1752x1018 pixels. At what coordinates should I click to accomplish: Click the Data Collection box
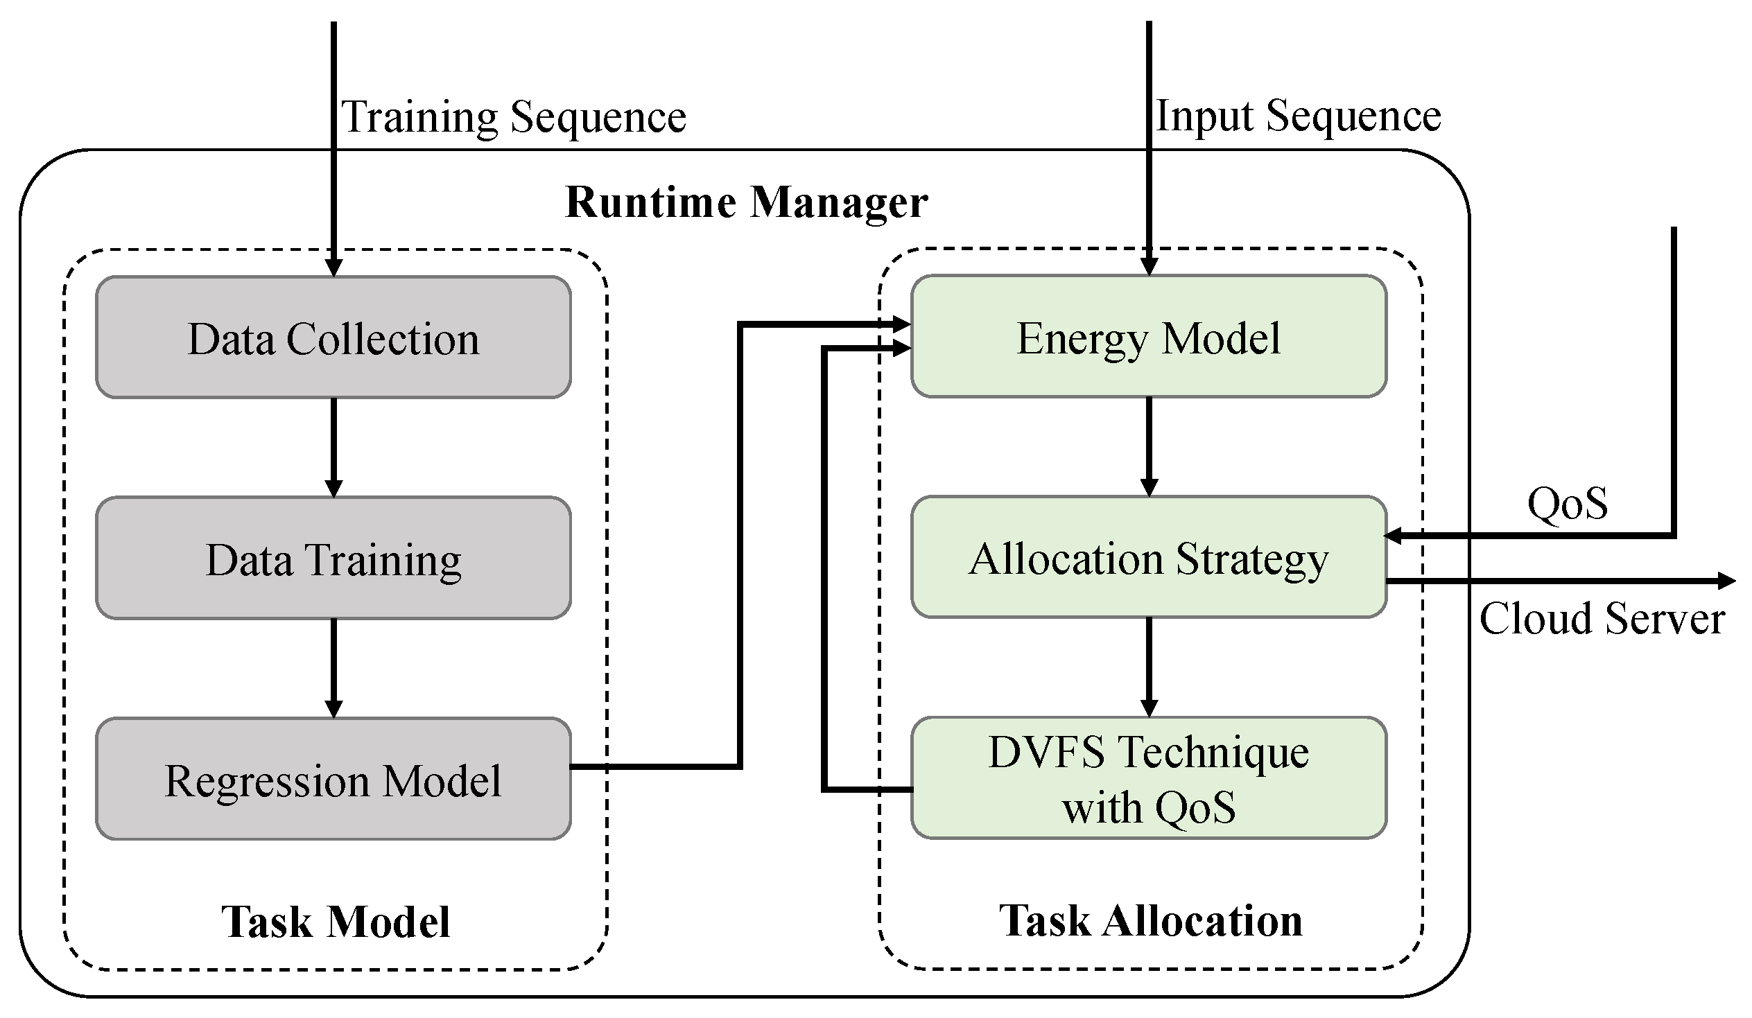pos(333,337)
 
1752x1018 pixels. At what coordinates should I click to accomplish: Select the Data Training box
pos(333,558)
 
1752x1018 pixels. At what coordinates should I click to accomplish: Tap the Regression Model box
pos(333,779)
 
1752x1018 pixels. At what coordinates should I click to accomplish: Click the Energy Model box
pos(1149,337)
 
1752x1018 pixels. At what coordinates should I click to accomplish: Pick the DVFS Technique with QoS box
pos(1149,778)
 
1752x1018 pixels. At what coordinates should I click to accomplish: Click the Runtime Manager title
pos(746,202)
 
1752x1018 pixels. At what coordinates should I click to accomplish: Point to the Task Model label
pos(336,922)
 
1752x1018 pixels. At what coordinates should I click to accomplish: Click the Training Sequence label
pos(513,116)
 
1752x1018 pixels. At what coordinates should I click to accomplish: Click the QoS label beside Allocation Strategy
pos(1567,502)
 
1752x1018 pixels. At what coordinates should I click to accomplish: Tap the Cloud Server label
pos(1601,618)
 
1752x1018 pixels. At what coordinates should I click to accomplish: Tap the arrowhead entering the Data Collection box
pos(333,267)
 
